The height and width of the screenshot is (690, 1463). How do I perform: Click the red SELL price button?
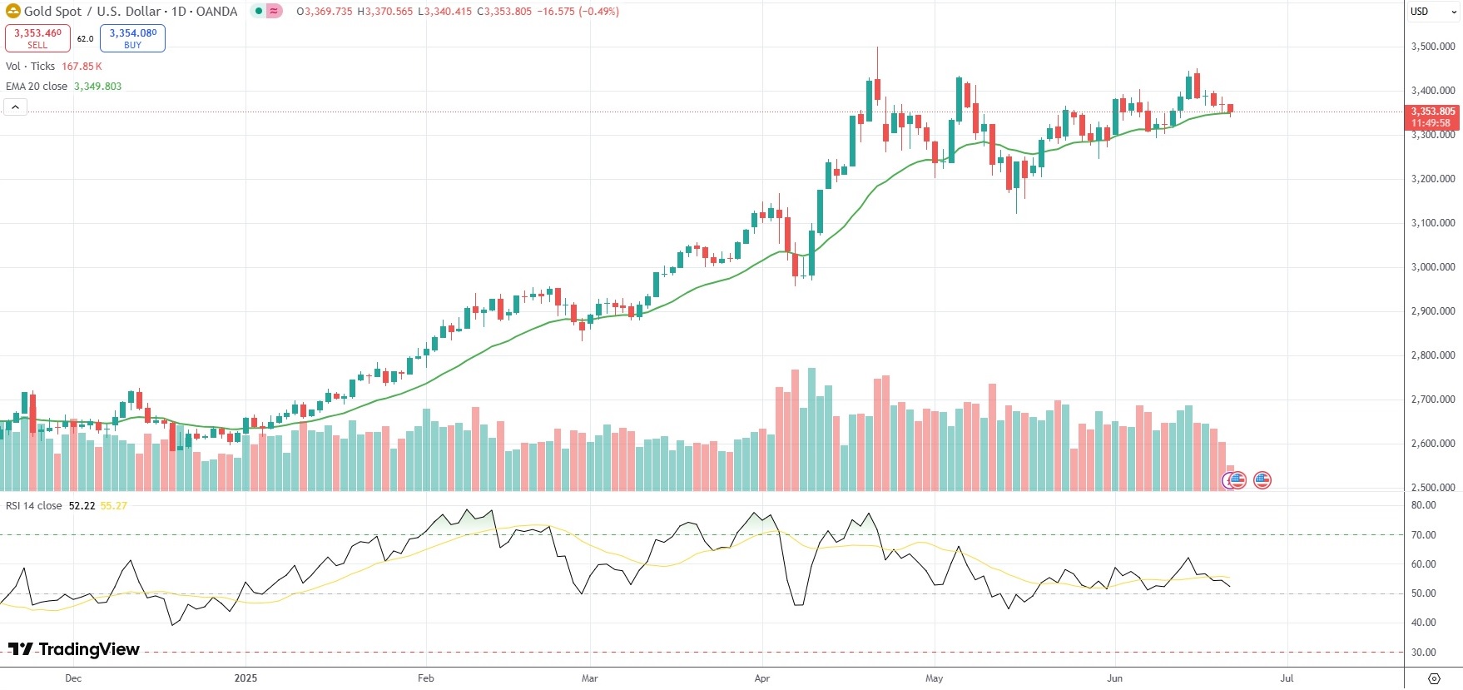[37, 38]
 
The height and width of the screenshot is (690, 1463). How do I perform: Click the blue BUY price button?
[132, 38]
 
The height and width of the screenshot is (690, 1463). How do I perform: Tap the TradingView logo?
[74, 649]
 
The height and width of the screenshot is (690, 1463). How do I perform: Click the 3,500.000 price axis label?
[1433, 47]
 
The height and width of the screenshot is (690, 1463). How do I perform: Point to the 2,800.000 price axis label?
[1433, 355]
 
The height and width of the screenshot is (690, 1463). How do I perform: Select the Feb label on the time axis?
[425, 678]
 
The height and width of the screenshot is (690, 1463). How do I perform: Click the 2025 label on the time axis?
[245, 678]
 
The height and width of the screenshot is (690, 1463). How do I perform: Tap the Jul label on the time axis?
[1287, 678]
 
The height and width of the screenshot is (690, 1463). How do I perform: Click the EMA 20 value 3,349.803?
[97, 87]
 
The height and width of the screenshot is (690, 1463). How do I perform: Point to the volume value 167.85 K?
[82, 67]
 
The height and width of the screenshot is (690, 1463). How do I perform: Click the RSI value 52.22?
[82, 506]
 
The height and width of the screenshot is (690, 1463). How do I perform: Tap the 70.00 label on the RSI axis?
[1424, 535]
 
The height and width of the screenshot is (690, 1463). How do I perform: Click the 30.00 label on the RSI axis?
[1424, 653]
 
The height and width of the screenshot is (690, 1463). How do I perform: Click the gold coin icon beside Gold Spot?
[13, 12]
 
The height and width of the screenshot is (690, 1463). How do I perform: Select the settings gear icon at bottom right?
[1433, 678]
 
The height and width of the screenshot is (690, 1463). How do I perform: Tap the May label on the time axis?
[934, 678]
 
